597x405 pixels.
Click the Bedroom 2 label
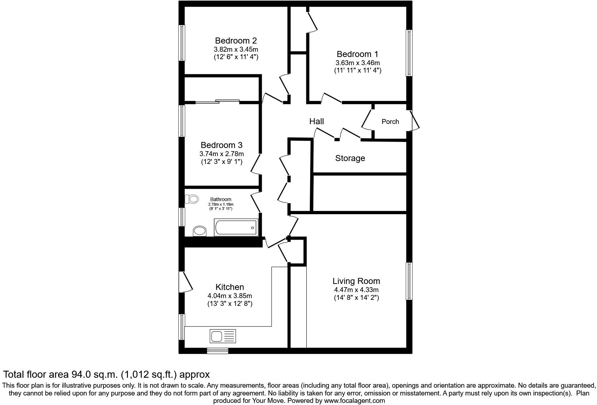[x=236, y=41]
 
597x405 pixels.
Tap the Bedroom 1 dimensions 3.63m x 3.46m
[x=358, y=63]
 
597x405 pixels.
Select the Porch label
[x=390, y=121]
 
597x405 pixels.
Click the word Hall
[x=317, y=121]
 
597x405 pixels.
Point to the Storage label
[x=350, y=158]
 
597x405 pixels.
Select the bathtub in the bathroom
[x=236, y=227]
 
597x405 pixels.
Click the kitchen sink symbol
[x=222, y=336]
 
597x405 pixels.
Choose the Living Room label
[x=356, y=281]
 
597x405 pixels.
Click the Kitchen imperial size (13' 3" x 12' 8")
[x=230, y=304]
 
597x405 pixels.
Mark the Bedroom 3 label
[x=221, y=145]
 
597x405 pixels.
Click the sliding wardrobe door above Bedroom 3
[x=218, y=102]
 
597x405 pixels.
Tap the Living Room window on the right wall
[x=409, y=281]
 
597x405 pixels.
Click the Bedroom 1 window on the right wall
[x=409, y=53]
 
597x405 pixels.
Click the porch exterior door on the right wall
[x=415, y=121]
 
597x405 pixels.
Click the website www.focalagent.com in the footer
[x=354, y=401]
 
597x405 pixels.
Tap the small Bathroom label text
[x=221, y=200]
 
